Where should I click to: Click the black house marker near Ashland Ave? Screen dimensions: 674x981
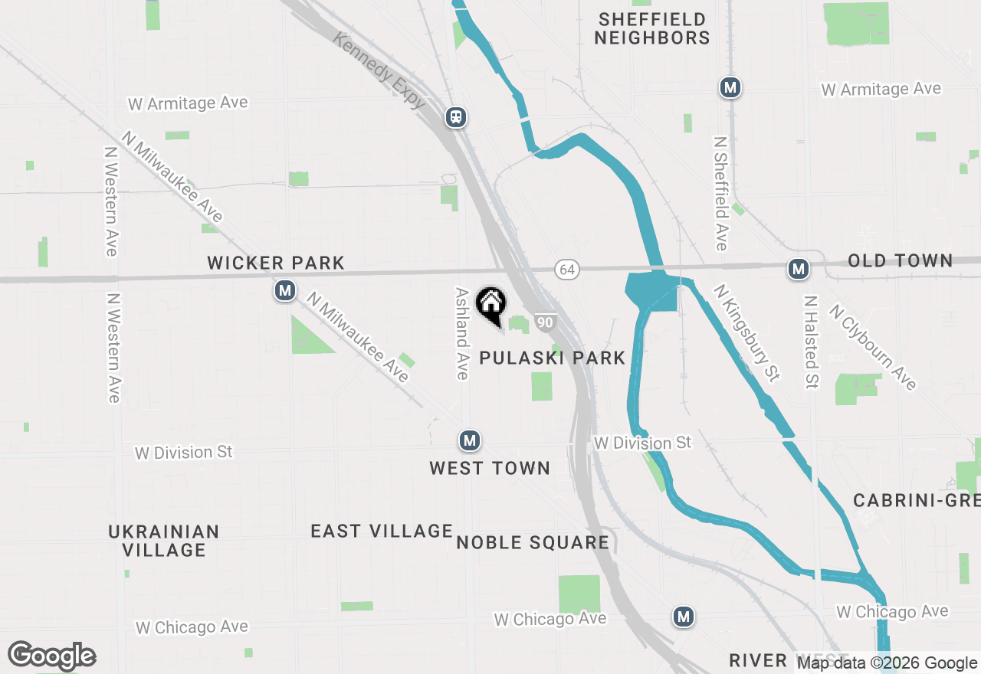coord(490,304)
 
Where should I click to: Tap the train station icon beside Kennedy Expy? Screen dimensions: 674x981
coord(456,117)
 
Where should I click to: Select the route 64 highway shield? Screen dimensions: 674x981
coord(566,270)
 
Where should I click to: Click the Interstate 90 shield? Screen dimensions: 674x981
coord(544,322)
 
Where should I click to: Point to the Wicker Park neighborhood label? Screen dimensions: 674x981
coord(276,263)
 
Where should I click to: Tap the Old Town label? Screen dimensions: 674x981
coord(900,261)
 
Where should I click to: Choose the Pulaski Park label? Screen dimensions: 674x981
coord(552,358)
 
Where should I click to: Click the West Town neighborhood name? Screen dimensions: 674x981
coord(490,468)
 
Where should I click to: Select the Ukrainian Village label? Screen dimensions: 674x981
coord(163,541)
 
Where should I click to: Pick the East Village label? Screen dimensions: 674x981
coord(382,531)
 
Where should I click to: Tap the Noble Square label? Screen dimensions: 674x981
coord(533,543)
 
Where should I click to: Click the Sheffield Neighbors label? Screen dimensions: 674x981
coord(652,28)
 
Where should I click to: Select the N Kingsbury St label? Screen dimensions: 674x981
coord(746,332)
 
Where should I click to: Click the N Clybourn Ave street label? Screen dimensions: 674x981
coord(873,347)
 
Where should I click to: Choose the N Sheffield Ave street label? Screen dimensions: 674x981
coord(720,194)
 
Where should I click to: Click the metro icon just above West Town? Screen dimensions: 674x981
coord(470,440)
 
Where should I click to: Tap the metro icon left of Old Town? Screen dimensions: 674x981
coord(799,269)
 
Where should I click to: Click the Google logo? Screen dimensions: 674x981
coord(52,656)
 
